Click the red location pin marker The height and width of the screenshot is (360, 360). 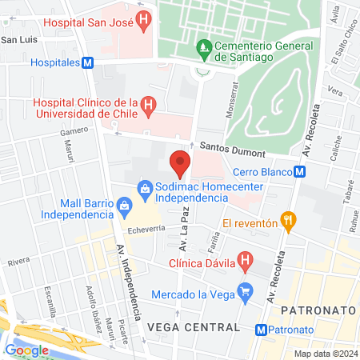tap(181, 163)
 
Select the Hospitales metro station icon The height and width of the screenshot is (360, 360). tap(88, 62)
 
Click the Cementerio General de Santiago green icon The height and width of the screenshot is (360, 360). tap(204, 46)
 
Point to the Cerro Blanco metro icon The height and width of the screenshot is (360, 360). tap(298, 171)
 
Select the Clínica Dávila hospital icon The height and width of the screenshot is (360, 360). tap(246, 259)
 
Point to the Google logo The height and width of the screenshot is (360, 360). tap(26, 350)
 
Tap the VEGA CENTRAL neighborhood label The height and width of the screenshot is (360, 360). tap(193, 327)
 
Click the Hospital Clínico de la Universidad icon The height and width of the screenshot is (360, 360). tap(147, 105)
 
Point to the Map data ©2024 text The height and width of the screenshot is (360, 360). tap(325, 354)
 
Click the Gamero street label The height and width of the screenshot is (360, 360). tap(73, 130)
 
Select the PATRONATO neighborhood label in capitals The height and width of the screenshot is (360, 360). tap(310, 308)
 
